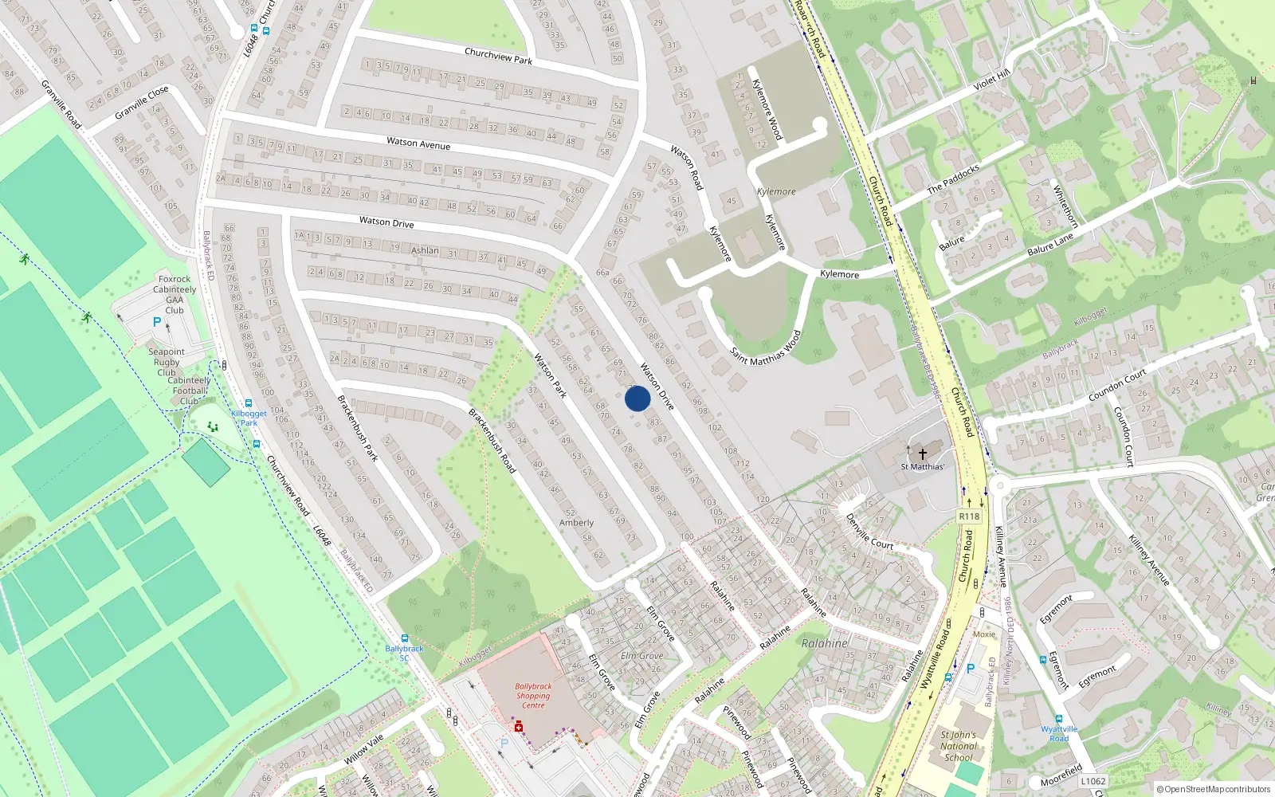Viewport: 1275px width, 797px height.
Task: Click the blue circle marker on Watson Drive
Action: pos(637,398)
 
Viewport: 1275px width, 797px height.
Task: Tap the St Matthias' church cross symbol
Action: pos(923,454)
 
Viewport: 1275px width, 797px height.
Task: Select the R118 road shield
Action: pos(969,516)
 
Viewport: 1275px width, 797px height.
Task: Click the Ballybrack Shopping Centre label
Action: pos(533,695)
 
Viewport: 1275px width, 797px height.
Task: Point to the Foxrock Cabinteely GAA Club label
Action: pos(175,294)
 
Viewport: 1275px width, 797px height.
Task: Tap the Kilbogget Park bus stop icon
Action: pos(249,404)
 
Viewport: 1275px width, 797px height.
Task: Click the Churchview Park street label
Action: pos(498,56)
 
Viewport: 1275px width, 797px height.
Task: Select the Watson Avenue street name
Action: pos(418,143)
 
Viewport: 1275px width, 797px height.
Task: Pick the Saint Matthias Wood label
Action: pos(765,347)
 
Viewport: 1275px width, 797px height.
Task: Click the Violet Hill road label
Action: pos(991,80)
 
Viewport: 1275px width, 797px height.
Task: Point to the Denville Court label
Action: pos(869,531)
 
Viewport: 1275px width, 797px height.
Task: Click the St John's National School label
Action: pos(958,746)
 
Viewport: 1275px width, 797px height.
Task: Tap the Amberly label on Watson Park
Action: pos(576,523)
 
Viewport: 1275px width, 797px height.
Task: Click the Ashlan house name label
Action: pos(425,250)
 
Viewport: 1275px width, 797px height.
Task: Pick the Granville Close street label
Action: pos(141,103)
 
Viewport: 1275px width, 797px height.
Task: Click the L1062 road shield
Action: pos(1093,781)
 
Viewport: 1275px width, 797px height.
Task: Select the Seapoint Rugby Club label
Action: pos(167,362)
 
